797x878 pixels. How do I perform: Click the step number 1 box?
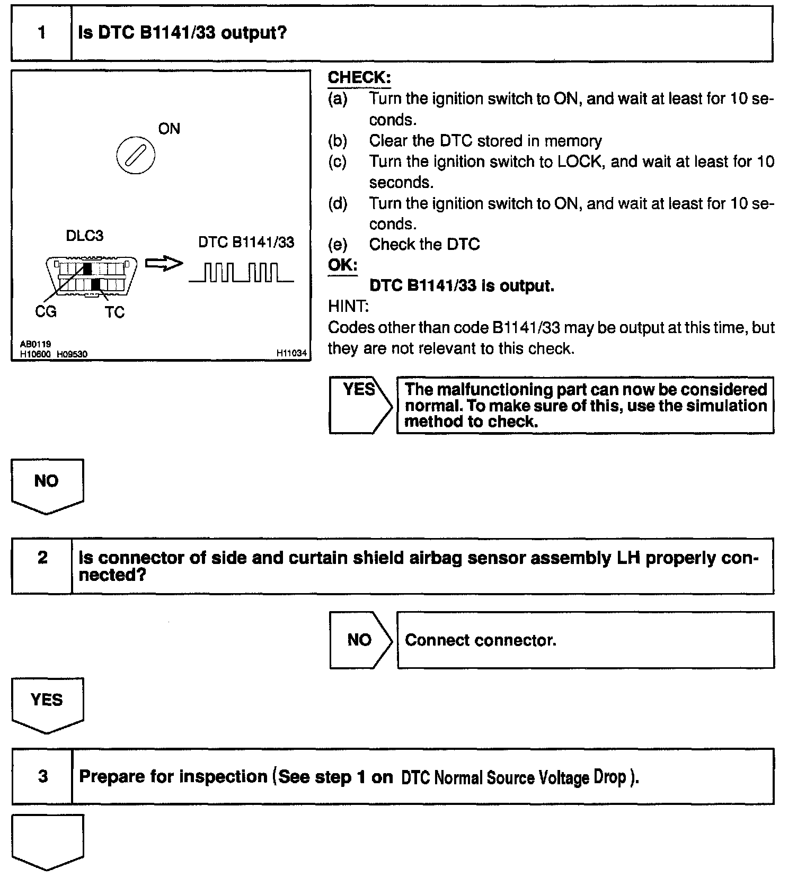(41, 33)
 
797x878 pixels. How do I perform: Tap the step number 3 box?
(42, 776)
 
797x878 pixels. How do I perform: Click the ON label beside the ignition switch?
(169, 129)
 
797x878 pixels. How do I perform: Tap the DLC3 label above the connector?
(84, 236)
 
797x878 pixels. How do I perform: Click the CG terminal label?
(46, 311)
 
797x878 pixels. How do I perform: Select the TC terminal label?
(114, 312)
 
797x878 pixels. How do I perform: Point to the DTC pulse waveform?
(241, 272)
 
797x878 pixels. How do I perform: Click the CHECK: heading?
(359, 78)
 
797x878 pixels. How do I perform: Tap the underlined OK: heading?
(342, 265)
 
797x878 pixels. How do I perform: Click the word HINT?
(348, 306)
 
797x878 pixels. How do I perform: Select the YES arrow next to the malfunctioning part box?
(360, 405)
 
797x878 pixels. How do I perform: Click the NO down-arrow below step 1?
(47, 483)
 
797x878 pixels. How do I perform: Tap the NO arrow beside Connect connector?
(360, 640)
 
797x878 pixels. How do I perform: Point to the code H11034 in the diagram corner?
(291, 353)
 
